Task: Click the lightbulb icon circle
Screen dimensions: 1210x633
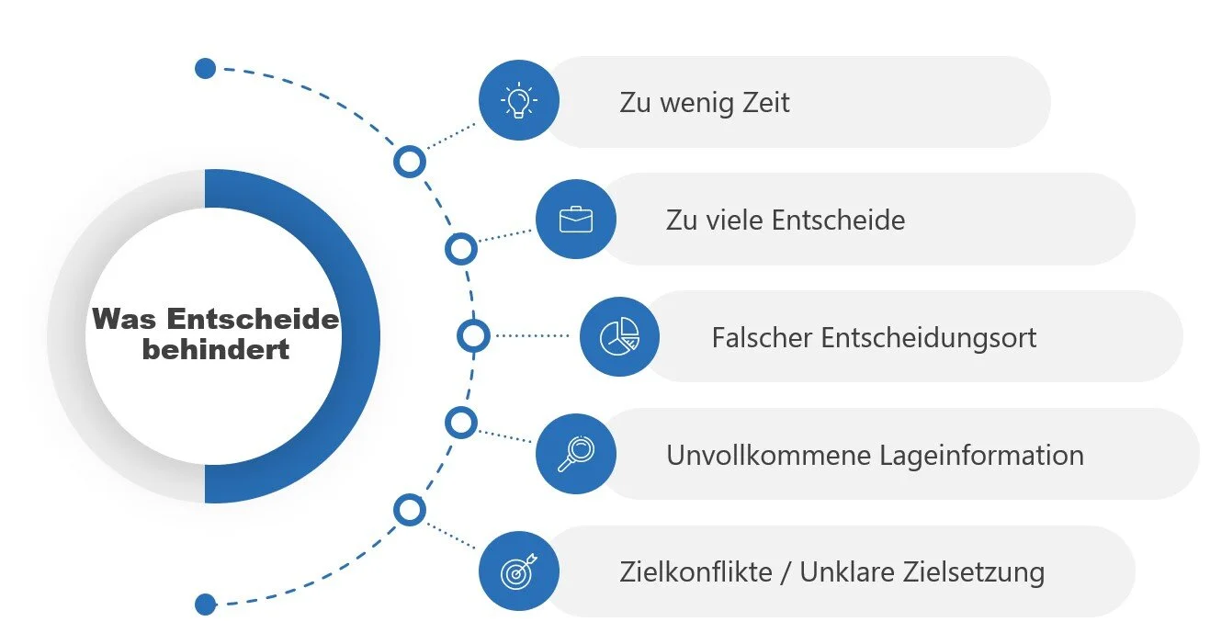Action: (x=519, y=100)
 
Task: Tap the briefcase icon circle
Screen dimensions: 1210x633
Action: (x=575, y=219)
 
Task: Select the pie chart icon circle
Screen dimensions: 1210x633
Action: (x=619, y=337)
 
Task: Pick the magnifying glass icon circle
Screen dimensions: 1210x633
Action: (x=575, y=454)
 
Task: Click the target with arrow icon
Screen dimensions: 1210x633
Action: (x=519, y=571)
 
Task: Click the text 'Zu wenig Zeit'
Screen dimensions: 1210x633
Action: (x=704, y=102)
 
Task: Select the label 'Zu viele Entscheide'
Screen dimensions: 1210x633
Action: (x=786, y=220)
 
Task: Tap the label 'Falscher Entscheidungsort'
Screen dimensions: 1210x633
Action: (x=874, y=337)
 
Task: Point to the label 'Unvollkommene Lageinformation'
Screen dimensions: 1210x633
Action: (x=875, y=455)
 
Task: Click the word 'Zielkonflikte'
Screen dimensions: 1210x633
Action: (x=695, y=572)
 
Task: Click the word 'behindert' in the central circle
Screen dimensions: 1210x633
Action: (x=216, y=349)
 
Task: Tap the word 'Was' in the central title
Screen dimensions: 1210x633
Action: (x=124, y=320)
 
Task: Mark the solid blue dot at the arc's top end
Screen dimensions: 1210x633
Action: (x=206, y=68)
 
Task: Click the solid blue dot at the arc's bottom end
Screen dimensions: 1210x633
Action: (x=206, y=604)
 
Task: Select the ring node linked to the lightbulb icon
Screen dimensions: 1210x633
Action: (x=410, y=163)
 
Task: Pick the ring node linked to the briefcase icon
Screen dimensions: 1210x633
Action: (x=460, y=248)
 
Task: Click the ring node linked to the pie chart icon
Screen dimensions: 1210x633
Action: (x=474, y=336)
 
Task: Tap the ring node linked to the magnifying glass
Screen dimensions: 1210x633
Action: (x=460, y=423)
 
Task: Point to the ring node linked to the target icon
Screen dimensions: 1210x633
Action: (x=410, y=510)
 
